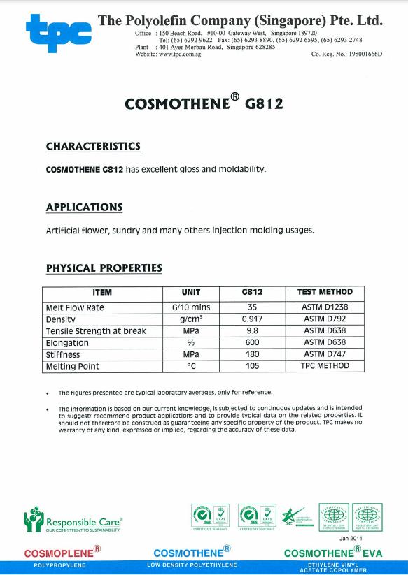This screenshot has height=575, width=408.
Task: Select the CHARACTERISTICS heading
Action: [93, 146]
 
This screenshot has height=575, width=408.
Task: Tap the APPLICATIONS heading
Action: [84, 207]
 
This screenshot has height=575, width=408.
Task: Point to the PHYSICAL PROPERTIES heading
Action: [104, 268]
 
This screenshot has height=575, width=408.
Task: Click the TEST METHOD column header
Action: [325, 292]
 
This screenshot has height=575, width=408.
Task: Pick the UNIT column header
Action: [191, 292]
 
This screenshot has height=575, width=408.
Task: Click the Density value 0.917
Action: [251, 319]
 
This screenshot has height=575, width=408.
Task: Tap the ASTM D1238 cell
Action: [325, 307]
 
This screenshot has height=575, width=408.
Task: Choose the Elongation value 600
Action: [251, 343]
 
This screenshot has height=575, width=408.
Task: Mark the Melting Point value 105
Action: [251, 366]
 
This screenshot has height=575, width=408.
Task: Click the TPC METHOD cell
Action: [325, 366]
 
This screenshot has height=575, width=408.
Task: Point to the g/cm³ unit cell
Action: [191, 319]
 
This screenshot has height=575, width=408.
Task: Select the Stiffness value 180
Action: [251, 355]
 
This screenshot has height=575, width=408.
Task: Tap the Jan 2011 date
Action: [351, 539]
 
